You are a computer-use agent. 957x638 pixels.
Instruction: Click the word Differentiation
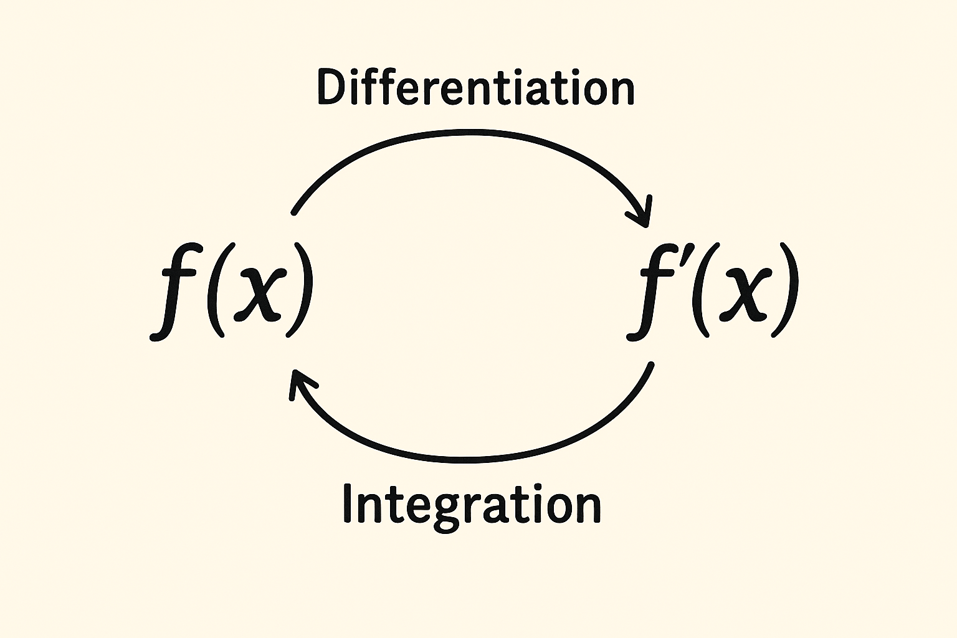tap(475, 88)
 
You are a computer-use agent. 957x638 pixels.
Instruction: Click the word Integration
tap(472, 504)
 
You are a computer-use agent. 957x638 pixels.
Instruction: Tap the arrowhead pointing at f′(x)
tap(643, 215)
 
